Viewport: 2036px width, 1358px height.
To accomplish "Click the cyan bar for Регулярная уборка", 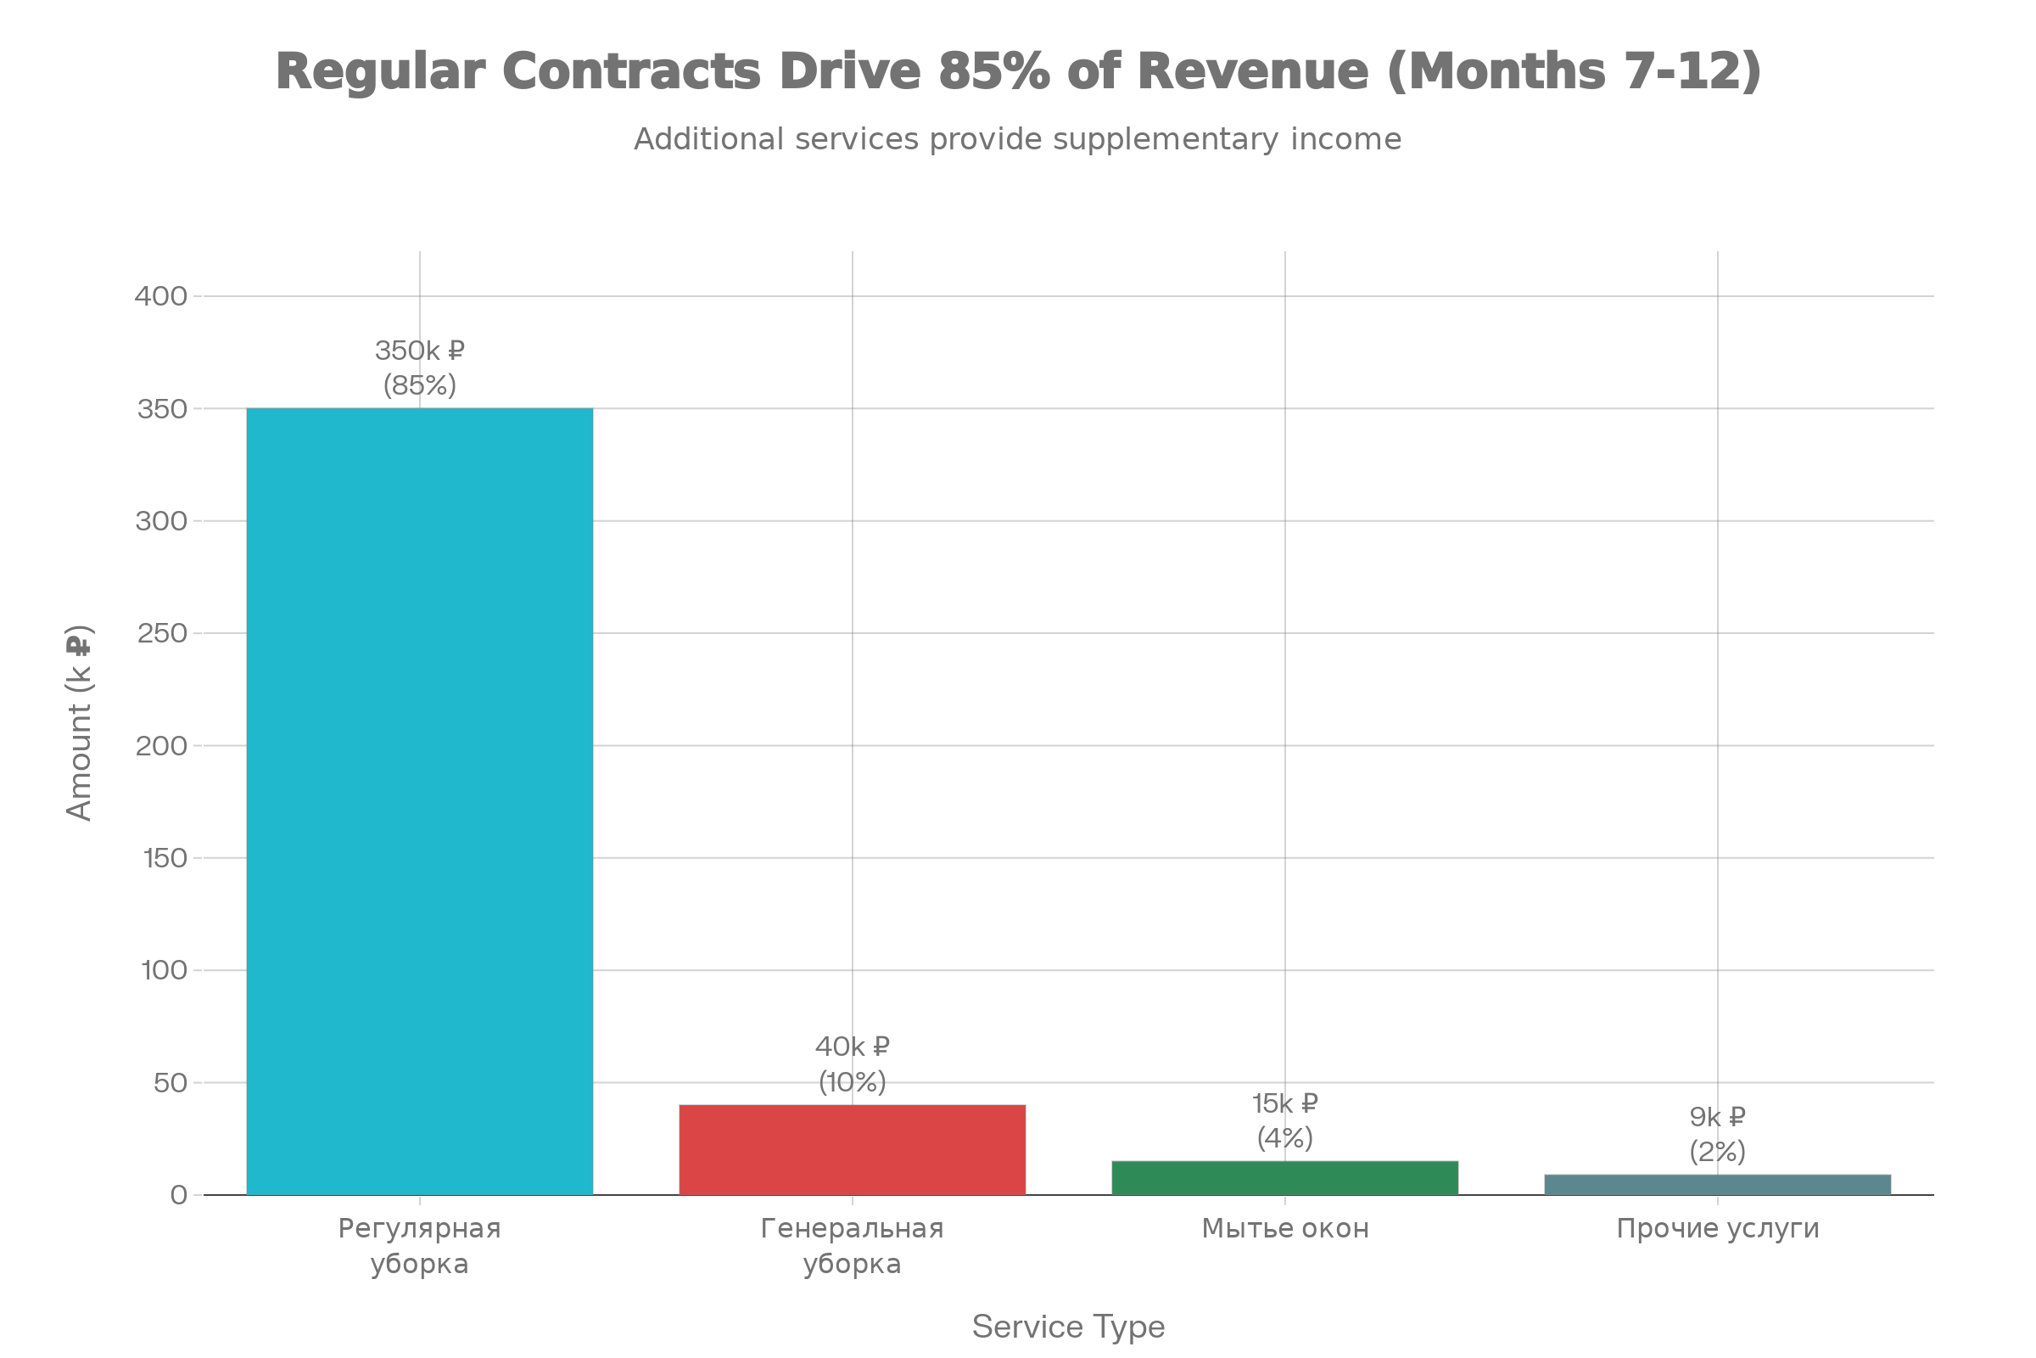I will (x=420, y=801).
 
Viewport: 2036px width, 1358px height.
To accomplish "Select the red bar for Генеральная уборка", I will (x=852, y=1149).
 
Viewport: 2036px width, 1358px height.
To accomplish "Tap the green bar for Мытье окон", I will (x=1284, y=1178).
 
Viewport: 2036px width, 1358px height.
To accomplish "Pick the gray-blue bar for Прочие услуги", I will (x=1717, y=1185).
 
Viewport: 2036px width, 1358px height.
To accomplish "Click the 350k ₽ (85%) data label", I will (x=420, y=368).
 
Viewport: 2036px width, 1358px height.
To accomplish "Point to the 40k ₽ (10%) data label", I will (x=853, y=1064).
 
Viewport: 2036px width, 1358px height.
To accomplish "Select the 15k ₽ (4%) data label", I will (x=1284, y=1120).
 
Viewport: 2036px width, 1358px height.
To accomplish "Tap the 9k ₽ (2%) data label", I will (x=1717, y=1135).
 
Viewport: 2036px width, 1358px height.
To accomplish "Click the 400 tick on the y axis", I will (x=162, y=296).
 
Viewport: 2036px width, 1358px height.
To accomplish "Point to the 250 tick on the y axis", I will (x=162, y=633).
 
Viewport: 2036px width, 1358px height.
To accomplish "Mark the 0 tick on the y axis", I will (x=178, y=1195).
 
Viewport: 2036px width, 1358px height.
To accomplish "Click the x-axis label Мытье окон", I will (x=1284, y=1228).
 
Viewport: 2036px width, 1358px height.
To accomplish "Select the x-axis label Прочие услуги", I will (x=1717, y=1228).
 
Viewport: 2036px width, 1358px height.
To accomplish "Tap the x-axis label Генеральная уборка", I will (x=852, y=1245).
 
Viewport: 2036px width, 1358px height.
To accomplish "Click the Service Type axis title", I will (x=1068, y=1326).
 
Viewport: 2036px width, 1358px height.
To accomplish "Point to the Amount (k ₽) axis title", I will (x=79, y=722).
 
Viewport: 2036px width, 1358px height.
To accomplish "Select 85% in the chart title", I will (x=993, y=71).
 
